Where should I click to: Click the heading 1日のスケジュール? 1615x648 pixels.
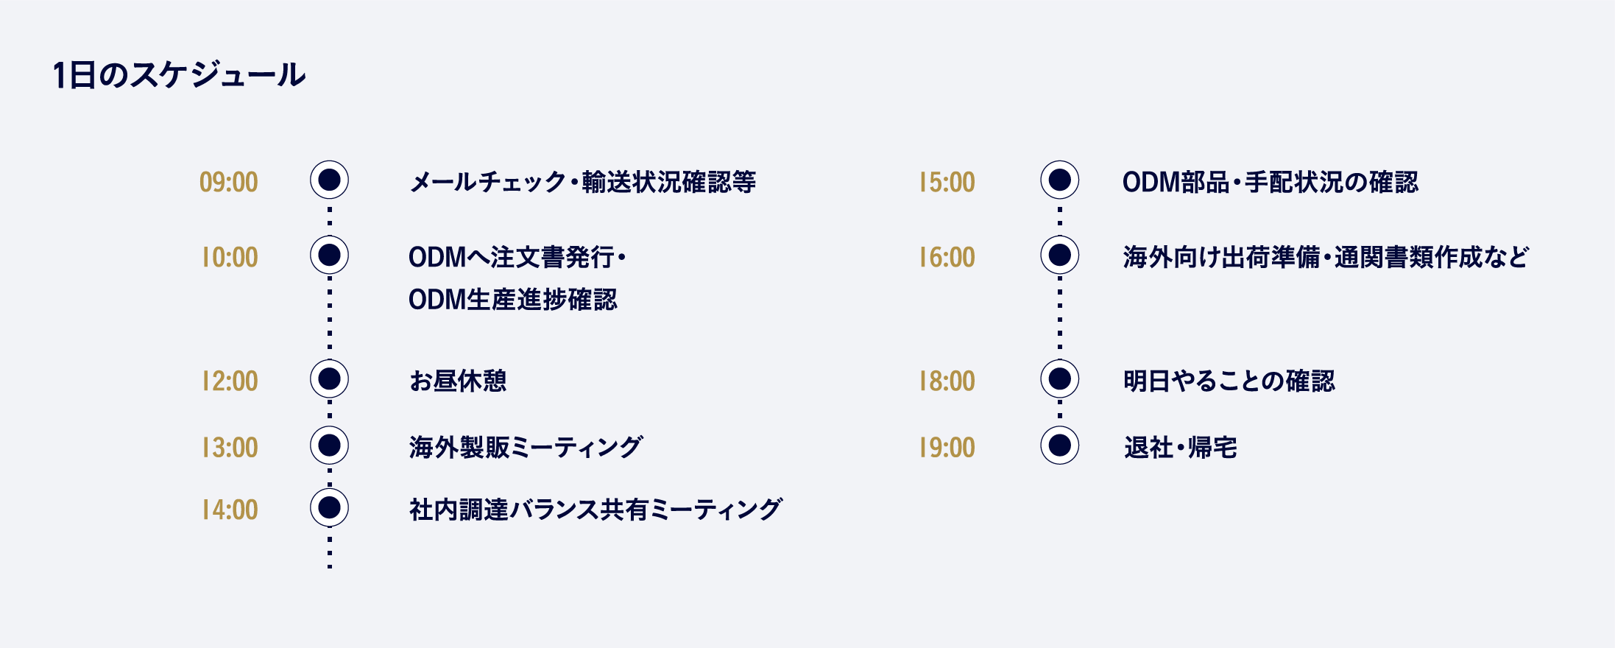(x=179, y=75)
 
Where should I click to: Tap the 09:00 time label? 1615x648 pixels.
(x=229, y=182)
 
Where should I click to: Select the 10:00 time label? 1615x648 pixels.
(x=230, y=257)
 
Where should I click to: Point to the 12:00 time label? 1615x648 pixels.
(x=230, y=381)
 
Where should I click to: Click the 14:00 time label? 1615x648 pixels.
(x=230, y=510)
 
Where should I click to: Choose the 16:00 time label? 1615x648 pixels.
(x=947, y=257)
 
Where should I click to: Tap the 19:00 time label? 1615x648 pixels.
(x=947, y=447)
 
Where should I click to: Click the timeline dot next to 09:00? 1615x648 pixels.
(x=329, y=180)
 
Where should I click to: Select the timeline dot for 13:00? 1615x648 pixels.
(x=329, y=445)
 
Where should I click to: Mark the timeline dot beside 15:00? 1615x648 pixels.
(x=1060, y=180)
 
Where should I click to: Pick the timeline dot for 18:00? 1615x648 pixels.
(x=1060, y=378)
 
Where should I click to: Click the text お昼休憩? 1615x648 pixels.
(x=458, y=381)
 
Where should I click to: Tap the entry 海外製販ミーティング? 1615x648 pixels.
(x=526, y=447)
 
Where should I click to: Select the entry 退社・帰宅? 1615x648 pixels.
(x=1181, y=447)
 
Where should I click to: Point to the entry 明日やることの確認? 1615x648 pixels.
(x=1229, y=381)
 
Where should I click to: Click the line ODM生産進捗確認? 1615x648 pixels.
(x=513, y=300)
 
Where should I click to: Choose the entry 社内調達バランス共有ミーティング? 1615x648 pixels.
(x=596, y=510)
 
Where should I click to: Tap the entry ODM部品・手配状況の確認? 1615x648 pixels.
(x=1271, y=182)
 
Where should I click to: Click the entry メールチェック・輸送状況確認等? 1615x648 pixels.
(x=583, y=182)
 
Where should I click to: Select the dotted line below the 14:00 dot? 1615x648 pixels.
(x=330, y=548)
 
